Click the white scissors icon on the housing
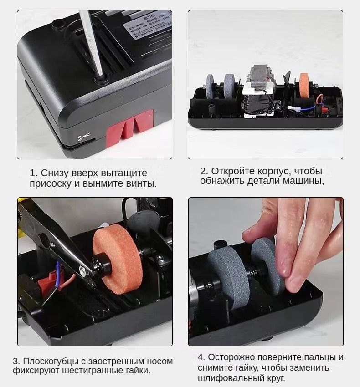coord(84,137)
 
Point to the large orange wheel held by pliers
coord(118,261)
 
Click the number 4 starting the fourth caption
coord(201,357)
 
